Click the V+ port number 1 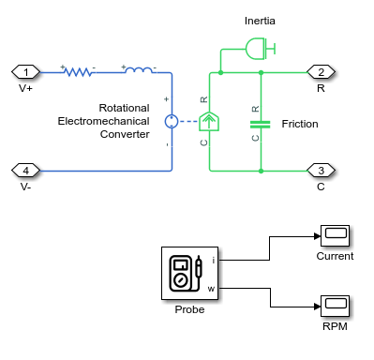click(x=26, y=71)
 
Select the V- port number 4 click(x=26, y=170)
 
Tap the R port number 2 click(x=322, y=71)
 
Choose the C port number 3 click(x=322, y=170)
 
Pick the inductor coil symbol click(x=139, y=71)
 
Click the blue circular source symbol click(x=172, y=121)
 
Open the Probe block click(x=189, y=274)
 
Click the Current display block click(x=335, y=235)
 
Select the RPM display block click(x=335, y=305)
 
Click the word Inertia click(x=260, y=20)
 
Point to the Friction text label click(x=300, y=123)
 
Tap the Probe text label click(x=189, y=309)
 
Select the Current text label click(x=335, y=256)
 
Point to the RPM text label click(x=335, y=325)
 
